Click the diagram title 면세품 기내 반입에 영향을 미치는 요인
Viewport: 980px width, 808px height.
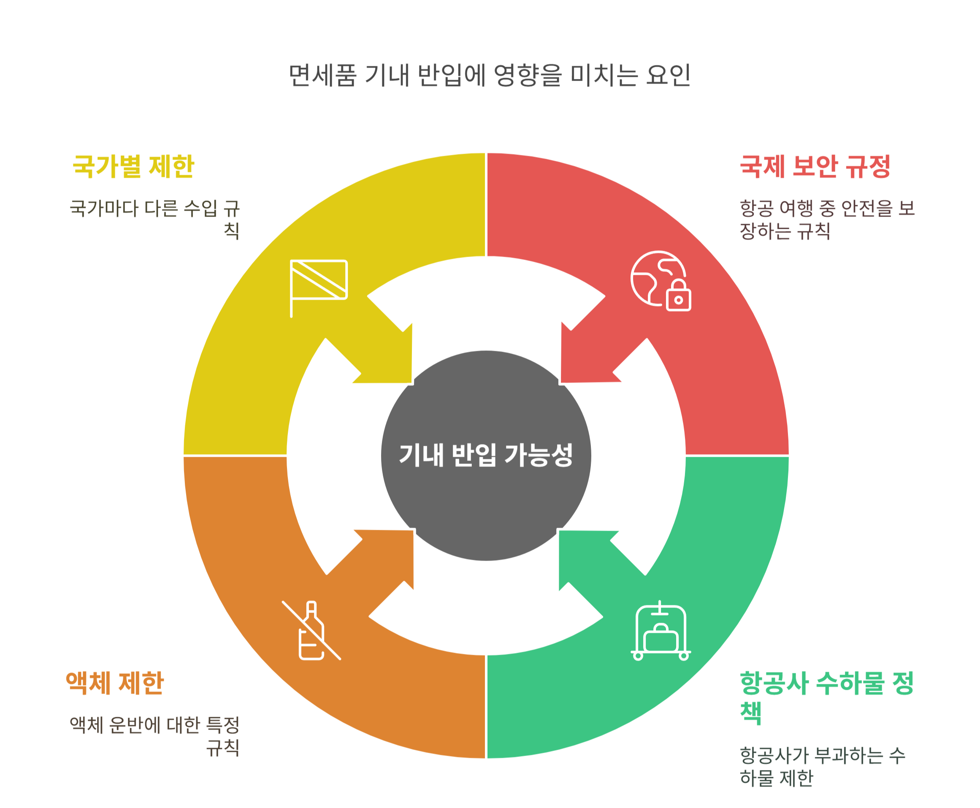(x=489, y=76)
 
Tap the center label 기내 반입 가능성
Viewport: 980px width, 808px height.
(x=485, y=455)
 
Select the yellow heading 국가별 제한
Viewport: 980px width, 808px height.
(x=133, y=166)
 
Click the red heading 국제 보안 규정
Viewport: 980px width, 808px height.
(x=815, y=166)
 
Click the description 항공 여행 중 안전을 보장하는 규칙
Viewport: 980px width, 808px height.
(x=827, y=219)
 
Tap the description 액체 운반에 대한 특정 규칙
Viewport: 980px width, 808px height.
(x=154, y=736)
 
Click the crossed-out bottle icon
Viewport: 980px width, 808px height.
(x=311, y=631)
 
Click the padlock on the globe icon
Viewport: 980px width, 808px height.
(x=679, y=296)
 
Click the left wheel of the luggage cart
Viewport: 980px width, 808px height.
(x=638, y=656)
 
